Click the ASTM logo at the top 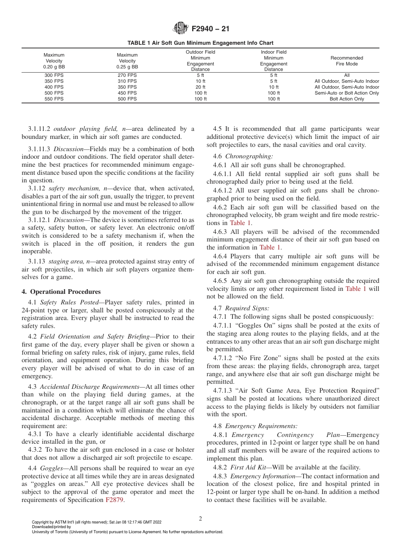click(181, 29)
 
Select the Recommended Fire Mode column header click(347, 61)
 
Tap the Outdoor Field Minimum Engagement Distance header click(200, 61)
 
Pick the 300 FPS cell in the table click(54, 75)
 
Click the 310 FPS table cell click(127, 81)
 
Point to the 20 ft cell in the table click(200, 87)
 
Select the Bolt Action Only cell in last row click(347, 99)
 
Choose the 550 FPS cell click(54, 99)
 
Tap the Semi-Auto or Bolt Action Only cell click(347, 93)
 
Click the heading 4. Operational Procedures click(61, 292)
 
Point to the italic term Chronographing click(244, 156)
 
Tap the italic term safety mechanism click(73, 188)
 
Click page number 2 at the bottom click(200, 519)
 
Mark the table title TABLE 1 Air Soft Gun click(200, 43)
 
